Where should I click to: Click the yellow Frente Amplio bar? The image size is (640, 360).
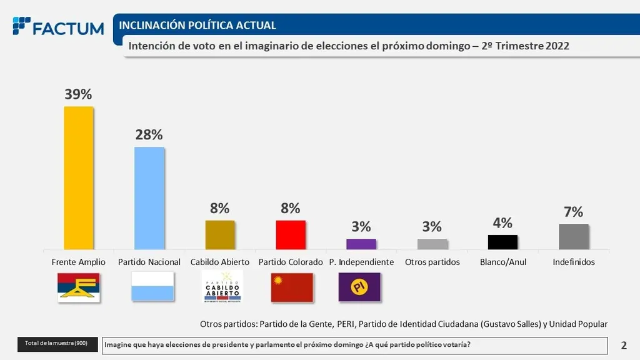click(x=78, y=178)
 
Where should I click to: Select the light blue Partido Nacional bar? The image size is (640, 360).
click(x=149, y=198)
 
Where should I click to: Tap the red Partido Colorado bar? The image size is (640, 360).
click(x=291, y=235)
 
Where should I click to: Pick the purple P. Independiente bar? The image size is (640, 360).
click(x=361, y=244)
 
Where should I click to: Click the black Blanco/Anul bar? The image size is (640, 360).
click(x=502, y=242)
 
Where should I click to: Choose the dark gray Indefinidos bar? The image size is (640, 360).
click(x=574, y=237)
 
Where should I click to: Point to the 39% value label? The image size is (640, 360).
click(x=78, y=94)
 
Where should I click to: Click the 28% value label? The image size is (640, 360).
click(x=149, y=134)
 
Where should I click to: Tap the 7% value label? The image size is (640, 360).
click(x=573, y=212)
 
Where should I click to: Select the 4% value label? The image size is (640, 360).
click(x=502, y=222)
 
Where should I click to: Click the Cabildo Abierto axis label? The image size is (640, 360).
click(x=220, y=262)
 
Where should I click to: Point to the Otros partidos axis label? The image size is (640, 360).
click(x=432, y=262)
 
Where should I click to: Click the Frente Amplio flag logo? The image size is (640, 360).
click(x=79, y=287)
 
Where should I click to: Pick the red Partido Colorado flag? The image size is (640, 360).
click(x=291, y=287)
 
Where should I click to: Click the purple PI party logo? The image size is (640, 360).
click(x=359, y=287)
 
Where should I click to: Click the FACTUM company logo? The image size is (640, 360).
click(x=58, y=27)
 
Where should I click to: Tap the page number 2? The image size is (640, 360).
click(x=624, y=345)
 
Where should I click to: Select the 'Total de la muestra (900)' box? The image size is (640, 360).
click(x=57, y=344)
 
